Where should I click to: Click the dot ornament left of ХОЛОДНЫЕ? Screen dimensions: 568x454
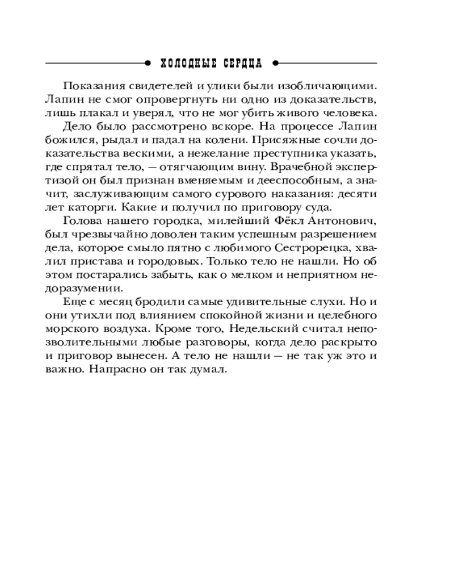point(148,62)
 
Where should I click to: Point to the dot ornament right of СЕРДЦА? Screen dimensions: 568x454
point(275,62)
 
